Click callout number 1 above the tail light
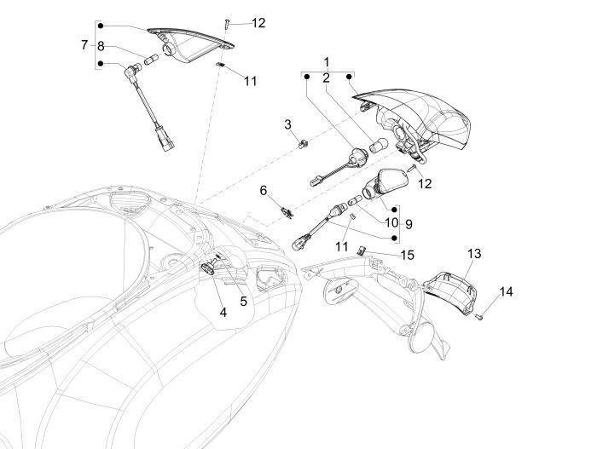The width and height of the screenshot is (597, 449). (x=326, y=62)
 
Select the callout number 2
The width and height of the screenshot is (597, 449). (x=326, y=78)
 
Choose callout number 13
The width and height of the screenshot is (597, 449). (x=474, y=254)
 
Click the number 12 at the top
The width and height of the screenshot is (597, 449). (x=258, y=23)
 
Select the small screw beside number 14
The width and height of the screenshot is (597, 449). (x=480, y=316)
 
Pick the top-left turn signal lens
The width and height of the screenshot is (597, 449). (x=192, y=43)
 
